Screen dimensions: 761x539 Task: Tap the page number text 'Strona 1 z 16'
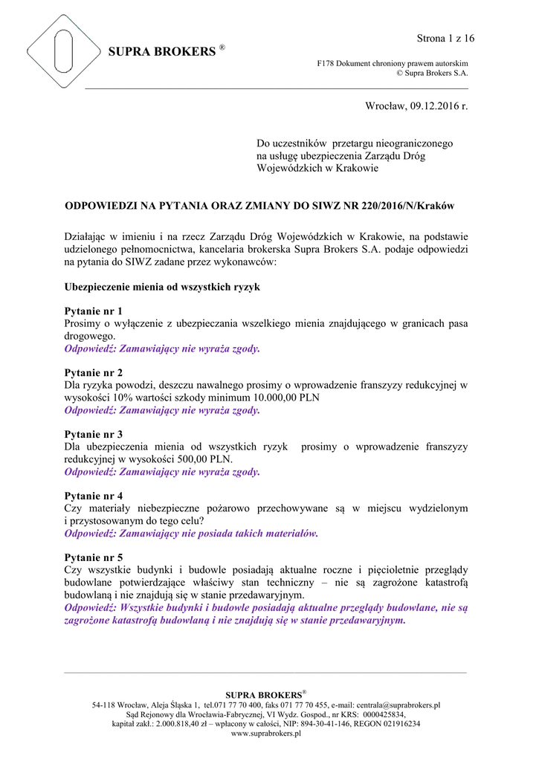click(445, 38)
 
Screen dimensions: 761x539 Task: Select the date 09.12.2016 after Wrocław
click(434, 108)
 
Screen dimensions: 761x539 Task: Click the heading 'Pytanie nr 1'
click(94, 311)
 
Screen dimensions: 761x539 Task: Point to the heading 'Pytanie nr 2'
click(94, 372)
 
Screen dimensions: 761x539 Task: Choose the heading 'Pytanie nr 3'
click(94, 434)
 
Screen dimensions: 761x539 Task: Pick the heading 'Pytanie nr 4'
click(94, 496)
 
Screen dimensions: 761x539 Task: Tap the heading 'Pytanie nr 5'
click(94, 557)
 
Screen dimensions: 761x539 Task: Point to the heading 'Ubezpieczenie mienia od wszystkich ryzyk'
click(162, 286)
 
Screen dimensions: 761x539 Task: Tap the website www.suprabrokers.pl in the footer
click(266, 734)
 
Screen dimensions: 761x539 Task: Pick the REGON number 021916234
click(394, 724)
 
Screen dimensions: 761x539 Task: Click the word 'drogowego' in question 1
click(90, 336)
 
